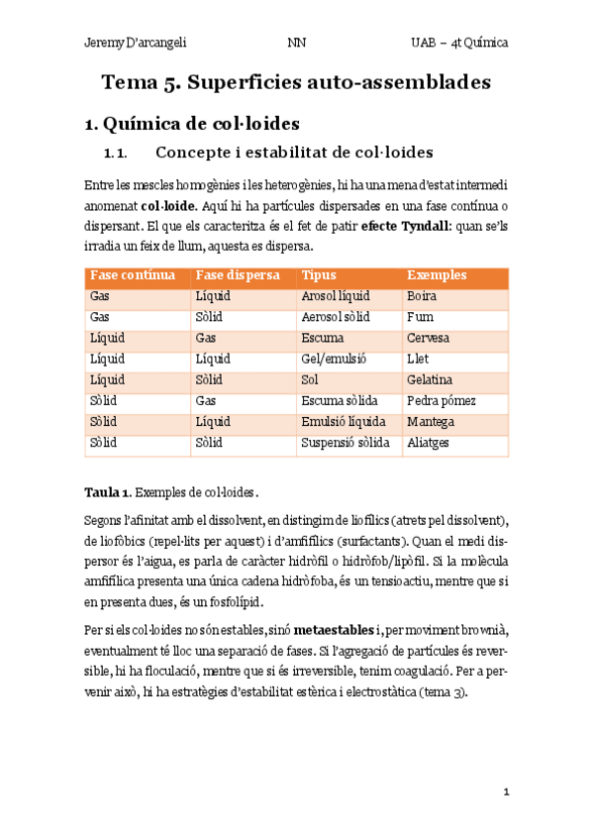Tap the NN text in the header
[x=296, y=43]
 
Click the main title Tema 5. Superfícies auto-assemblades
[x=296, y=82]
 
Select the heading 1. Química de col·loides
[x=192, y=124]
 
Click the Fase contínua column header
[x=133, y=275]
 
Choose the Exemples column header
[x=437, y=275]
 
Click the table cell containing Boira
[x=421, y=296]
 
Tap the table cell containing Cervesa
[x=428, y=338]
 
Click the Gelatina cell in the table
[x=430, y=379]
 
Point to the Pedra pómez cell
[x=442, y=400]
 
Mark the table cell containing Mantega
[x=430, y=421]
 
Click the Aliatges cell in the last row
[x=428, y=442]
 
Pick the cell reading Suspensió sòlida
[x=345, y=442]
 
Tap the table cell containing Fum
[x=419, y=317]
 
